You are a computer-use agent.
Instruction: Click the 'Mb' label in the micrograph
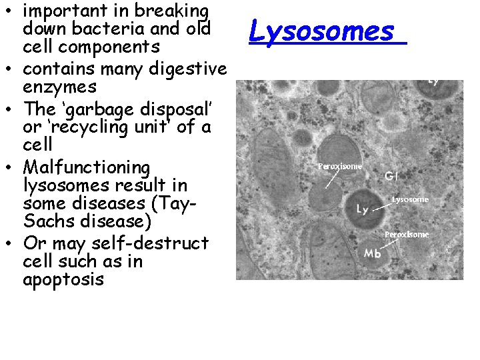[x=373, y=253]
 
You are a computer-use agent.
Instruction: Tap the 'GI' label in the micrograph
[x=393, y=177]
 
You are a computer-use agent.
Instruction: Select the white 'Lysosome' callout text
[x=410, y=199]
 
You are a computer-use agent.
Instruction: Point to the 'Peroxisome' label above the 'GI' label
[x=339, y=166]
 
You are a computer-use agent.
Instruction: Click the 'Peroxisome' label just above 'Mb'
[x=407, y=235]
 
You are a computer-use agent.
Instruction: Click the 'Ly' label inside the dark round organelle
[x=362, y=209]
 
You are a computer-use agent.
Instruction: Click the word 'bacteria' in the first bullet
[x=105, y=29]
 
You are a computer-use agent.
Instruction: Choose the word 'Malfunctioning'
[x=86, y=167]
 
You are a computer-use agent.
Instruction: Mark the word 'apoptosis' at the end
[x=63, y=279]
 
